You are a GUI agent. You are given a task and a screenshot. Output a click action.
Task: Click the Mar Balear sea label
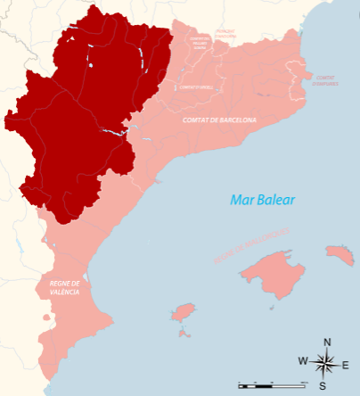click(262, 200)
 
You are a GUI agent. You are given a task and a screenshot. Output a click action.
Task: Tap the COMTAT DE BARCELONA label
click(219, 120)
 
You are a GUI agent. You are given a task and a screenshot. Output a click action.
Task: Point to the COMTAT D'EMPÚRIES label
click(325, 79)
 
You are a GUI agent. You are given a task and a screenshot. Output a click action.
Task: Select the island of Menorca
click(340, 255)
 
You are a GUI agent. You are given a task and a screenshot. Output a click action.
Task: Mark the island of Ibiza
click(183, 313)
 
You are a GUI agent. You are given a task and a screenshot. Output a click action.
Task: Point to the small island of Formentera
click(184, 334)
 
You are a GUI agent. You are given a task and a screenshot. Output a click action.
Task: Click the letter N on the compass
click(327, 342)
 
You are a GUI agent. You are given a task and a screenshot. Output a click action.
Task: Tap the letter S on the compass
click(323, 385)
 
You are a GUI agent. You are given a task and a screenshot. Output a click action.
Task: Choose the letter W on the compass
click(303, 361)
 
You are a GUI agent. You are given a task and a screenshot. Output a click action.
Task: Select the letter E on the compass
click(345, 364)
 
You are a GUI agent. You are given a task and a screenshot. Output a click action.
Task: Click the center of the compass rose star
click(324, 363)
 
